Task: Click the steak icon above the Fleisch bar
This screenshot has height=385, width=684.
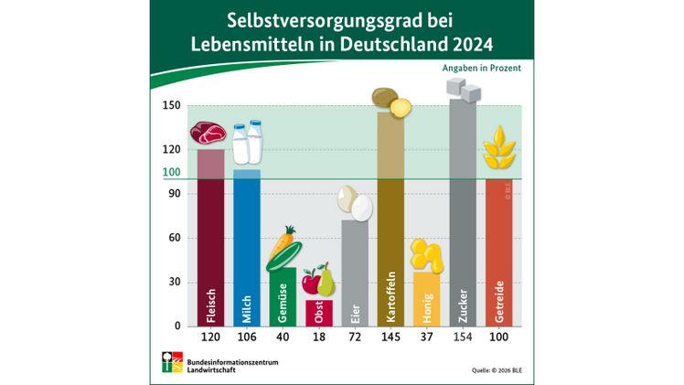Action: pos(208,133)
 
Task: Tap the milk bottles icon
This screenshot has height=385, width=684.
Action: pos(248,144)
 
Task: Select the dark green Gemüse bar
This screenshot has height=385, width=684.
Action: pos(283,297)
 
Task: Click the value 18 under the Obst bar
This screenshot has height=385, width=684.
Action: pos(319,337)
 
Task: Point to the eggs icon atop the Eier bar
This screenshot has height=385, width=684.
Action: pos(355,204)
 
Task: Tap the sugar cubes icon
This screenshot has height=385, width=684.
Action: pos(463,90)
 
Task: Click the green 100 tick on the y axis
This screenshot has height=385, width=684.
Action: pos(171,172)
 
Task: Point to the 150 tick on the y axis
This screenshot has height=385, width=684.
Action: pos(171,105)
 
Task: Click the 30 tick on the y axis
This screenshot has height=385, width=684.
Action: pos(174,282)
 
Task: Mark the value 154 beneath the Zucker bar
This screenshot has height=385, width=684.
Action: pos(463,337)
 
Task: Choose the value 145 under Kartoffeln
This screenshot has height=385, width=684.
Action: pos(390,337)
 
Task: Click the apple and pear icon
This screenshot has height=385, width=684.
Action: pos(319,280)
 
